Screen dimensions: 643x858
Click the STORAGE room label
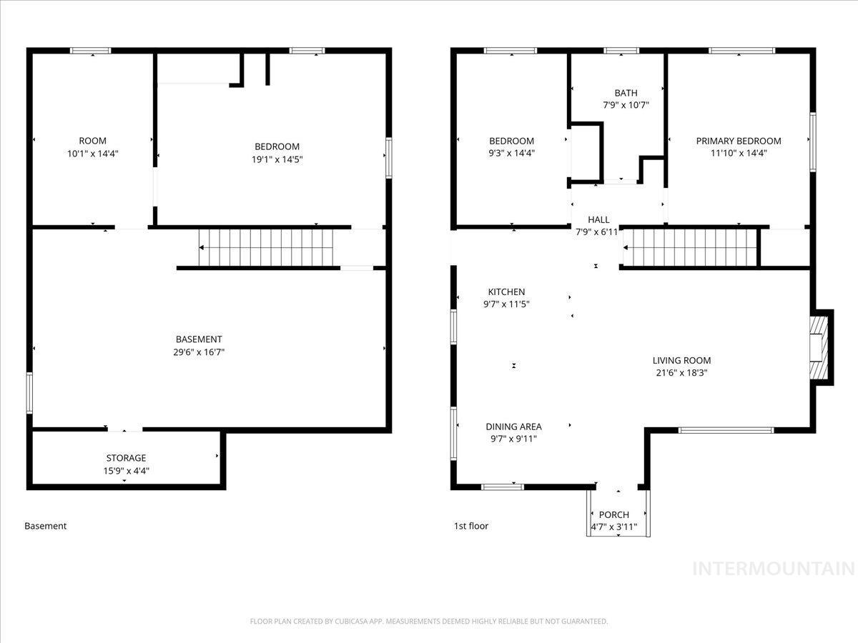tap(126, 458)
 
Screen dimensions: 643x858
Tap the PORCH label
tap(613, 515)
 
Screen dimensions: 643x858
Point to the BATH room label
tap(626, 93)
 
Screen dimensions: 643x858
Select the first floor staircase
tap(690, 248)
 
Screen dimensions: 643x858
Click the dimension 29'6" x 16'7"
tap(199, 352)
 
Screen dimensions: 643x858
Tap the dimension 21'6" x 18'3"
tap(681, 373)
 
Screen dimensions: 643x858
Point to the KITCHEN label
tap(506, 292)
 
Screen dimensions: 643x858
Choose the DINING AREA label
tap(513, 427)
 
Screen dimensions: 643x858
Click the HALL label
tap(598, 220)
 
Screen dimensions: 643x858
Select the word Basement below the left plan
tap(46, 527)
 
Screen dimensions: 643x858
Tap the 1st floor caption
tap(471, 527)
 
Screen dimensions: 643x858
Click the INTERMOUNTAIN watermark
tap(774, 569)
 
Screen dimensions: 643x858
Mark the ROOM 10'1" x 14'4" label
tap(92, 146)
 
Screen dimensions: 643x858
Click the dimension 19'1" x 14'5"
tap(275, 159)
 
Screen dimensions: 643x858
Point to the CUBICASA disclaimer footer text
tap(429, 622)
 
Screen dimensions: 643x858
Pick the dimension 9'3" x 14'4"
tap(511, 153)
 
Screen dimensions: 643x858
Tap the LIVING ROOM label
tap(681, 361)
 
